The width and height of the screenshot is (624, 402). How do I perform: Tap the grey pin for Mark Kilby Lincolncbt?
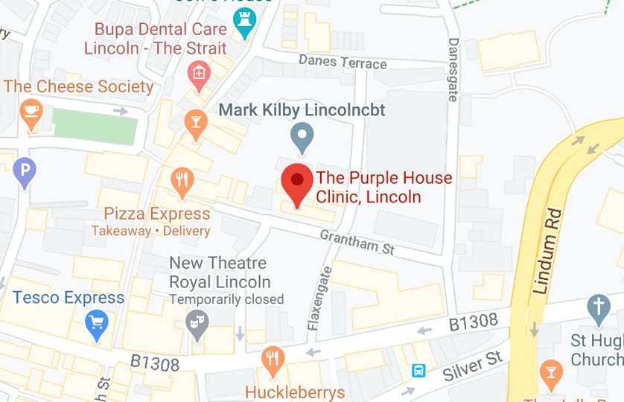(x=302, y=138)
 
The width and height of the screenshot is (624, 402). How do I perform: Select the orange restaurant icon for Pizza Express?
(x=182, y=179)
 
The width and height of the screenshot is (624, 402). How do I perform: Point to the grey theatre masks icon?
(x=197, y=324)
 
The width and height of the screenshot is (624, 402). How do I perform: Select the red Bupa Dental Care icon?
(x=198, y=73)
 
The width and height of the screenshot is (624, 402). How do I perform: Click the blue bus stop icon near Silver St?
(x=418, y=370)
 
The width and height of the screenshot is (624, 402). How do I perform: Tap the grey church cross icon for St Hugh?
(x=598, y=307)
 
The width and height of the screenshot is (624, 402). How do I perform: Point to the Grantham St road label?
(x=357, y=242)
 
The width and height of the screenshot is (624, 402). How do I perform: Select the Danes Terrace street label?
(x=343, y=61)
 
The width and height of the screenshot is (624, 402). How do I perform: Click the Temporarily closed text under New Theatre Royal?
(x=226, y=299)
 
